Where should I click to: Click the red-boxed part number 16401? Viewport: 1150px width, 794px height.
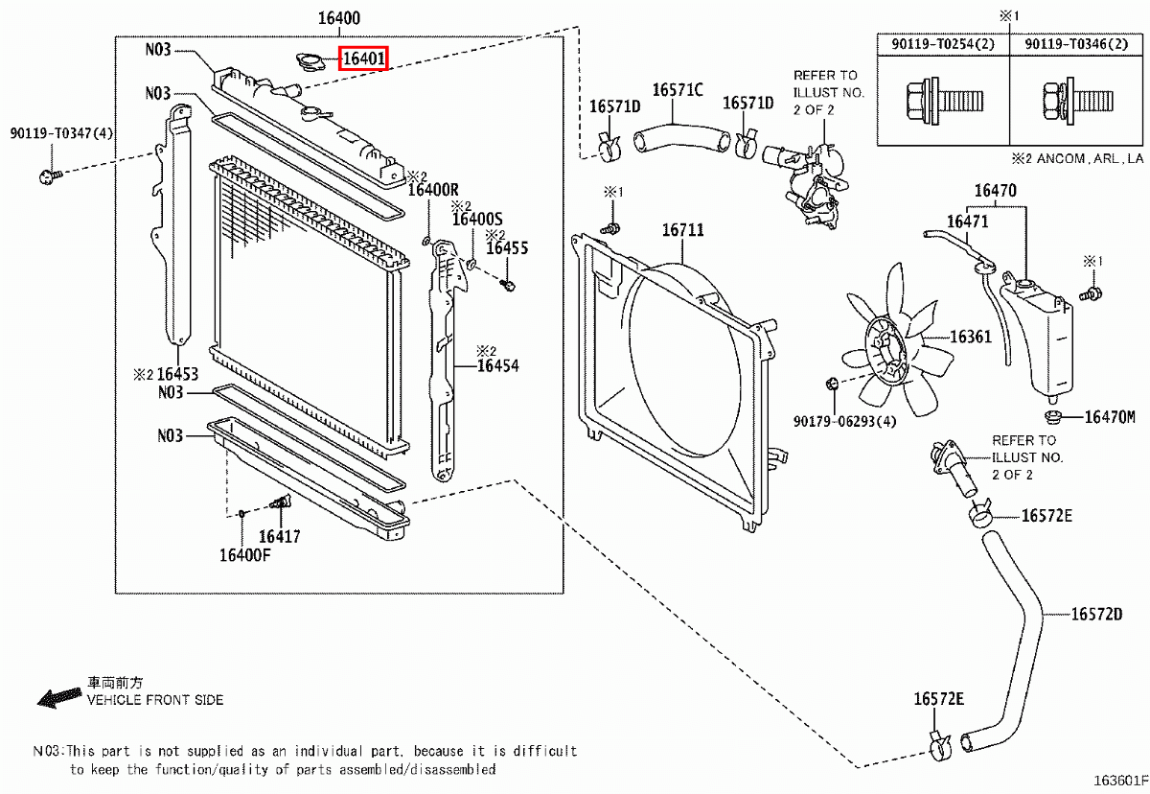(x=364, y=59)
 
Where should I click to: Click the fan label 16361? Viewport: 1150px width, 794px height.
(x=971, y=338)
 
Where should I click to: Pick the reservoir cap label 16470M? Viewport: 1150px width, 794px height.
(x=1110, y=417)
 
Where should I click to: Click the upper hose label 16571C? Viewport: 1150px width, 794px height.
(x=678, y=91)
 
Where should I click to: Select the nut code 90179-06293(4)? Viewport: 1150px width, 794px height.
(x=844, y=421)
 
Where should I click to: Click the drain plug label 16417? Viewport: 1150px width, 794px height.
(x=279, y=537)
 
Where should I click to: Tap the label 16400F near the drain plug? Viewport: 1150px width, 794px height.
(x=245, y=555)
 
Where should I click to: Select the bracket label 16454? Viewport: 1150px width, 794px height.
(x=497, y=365)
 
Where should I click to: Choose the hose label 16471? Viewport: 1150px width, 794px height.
(x=967, y=222)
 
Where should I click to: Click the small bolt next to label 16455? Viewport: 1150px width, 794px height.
(x=509, y=283)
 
